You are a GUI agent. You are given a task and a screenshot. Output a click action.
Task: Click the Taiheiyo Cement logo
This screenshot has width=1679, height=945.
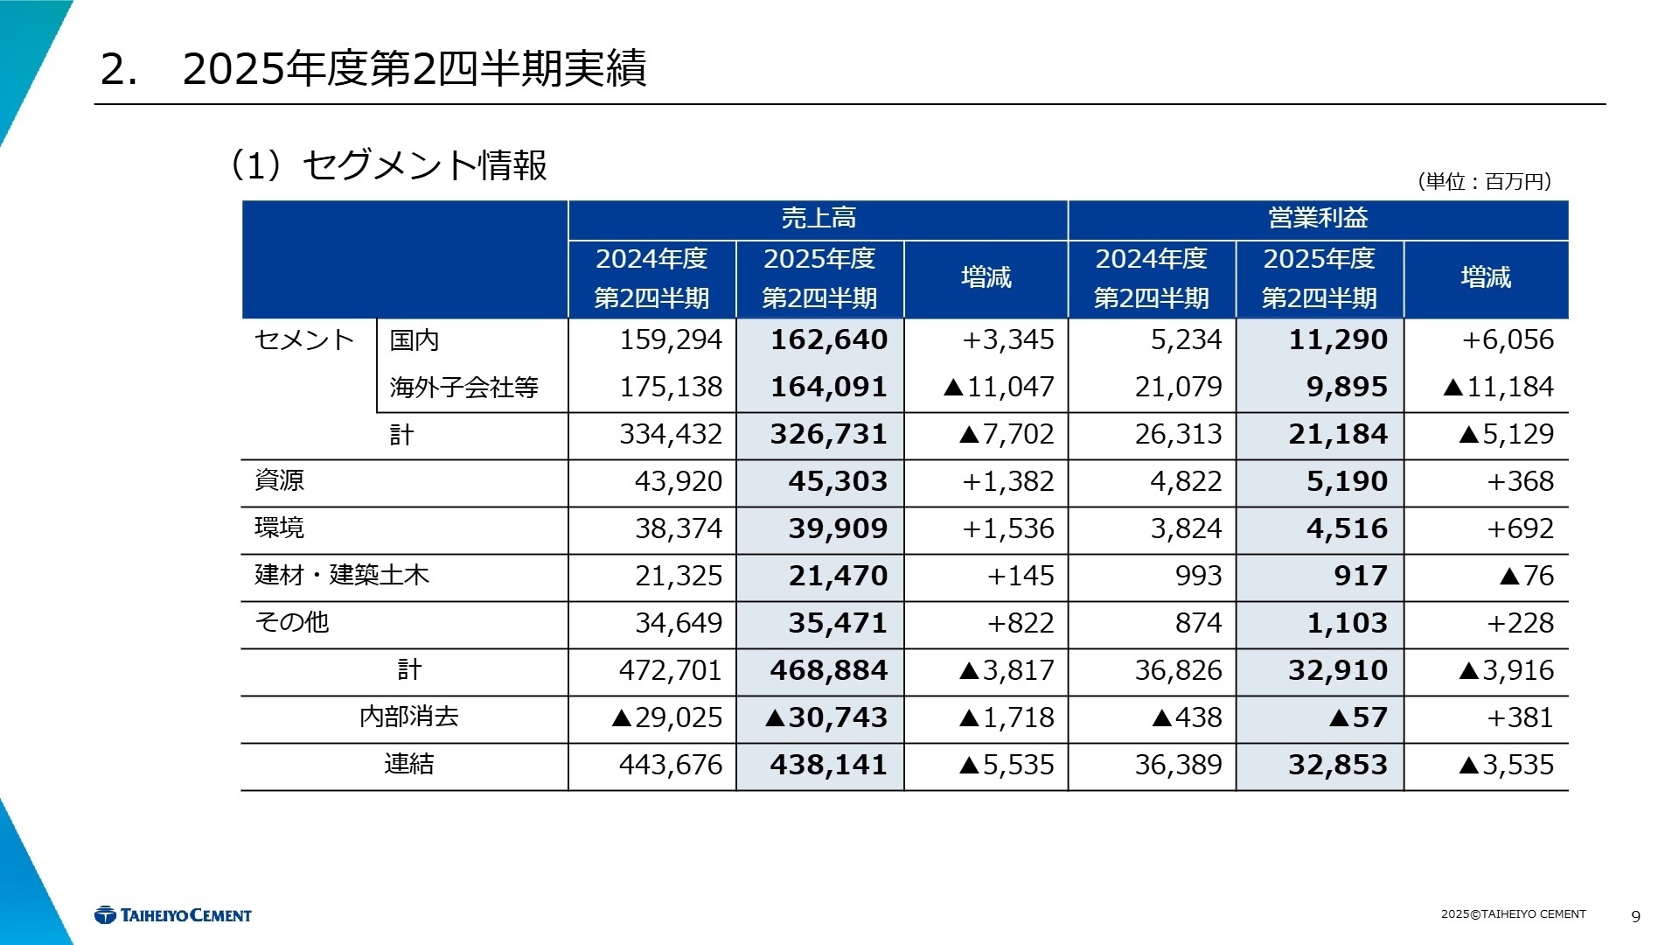coord(173,915)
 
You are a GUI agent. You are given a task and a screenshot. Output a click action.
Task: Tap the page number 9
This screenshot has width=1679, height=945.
coord(1635,916)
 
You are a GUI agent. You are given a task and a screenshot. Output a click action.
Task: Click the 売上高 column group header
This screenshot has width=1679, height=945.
coord(818,219)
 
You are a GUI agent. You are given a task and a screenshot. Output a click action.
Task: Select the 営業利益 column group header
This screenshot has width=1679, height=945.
coord(1318,219)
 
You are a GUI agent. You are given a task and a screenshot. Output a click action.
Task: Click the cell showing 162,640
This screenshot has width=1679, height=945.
coord(828,339)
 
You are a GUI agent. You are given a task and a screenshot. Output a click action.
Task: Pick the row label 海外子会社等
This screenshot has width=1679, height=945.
coord(463,388)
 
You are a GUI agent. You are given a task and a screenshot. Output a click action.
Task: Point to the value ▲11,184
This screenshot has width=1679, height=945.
coord(1498,387)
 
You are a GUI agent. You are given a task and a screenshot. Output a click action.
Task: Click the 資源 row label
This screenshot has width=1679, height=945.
coord(280,480)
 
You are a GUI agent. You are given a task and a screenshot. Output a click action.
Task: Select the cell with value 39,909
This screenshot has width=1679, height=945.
coord(837,528)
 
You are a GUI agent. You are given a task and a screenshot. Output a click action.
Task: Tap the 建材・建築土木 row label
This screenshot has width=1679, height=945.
coord(342,575)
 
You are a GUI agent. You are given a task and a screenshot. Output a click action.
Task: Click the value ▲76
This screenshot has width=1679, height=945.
coord(1526,576)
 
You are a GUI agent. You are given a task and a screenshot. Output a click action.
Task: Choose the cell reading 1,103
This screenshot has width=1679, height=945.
coord(1347,623)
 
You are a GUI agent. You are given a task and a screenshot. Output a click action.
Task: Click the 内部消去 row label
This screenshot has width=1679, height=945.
coord(408,717)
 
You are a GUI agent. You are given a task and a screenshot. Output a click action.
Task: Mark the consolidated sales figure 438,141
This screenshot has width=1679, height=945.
coord(828,765)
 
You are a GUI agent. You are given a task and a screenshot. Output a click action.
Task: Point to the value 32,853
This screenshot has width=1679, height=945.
coord(1337,765)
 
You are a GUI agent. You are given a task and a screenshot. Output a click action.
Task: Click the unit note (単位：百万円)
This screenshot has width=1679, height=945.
coord(1484,181)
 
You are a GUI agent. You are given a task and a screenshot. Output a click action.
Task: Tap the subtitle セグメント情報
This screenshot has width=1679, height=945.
coord(424,165)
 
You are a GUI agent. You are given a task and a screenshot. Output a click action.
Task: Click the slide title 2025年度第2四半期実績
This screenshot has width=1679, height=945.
coord(414,69)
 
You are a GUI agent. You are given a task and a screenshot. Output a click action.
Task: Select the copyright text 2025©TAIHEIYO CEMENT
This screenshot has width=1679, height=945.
coord(1513,914)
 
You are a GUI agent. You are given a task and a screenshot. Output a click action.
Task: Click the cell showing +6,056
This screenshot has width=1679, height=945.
coord(1508,339)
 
